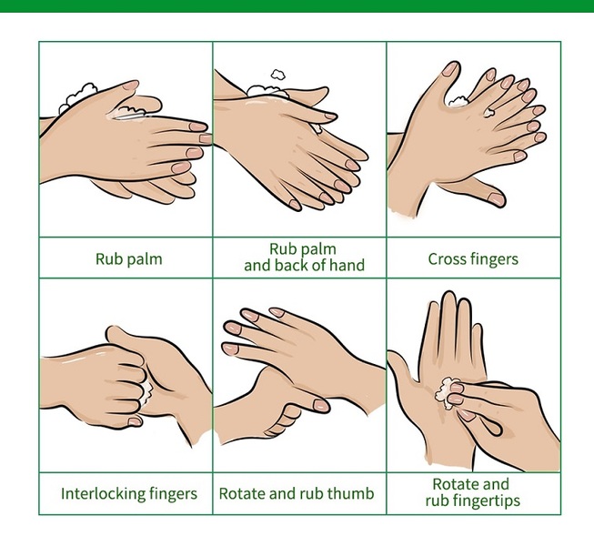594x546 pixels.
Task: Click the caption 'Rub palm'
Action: point(129,259)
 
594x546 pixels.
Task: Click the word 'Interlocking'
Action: point(102,494)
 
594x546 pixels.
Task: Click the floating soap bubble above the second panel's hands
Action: point(278,75)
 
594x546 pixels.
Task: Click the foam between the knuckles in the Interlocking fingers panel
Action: point(146,392)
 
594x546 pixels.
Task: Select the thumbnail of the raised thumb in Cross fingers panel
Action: point(451,68)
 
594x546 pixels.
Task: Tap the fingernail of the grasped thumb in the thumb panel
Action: point(321,406)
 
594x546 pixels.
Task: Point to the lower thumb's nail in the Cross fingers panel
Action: point(497,199)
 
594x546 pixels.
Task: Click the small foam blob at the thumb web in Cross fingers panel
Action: point(458,102)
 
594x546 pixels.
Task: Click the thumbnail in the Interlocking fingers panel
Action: point(135,421)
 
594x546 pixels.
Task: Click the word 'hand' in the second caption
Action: point(347,265)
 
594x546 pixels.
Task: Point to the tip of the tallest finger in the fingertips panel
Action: point(449,292)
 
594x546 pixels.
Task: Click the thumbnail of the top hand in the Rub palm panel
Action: point(131,85)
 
